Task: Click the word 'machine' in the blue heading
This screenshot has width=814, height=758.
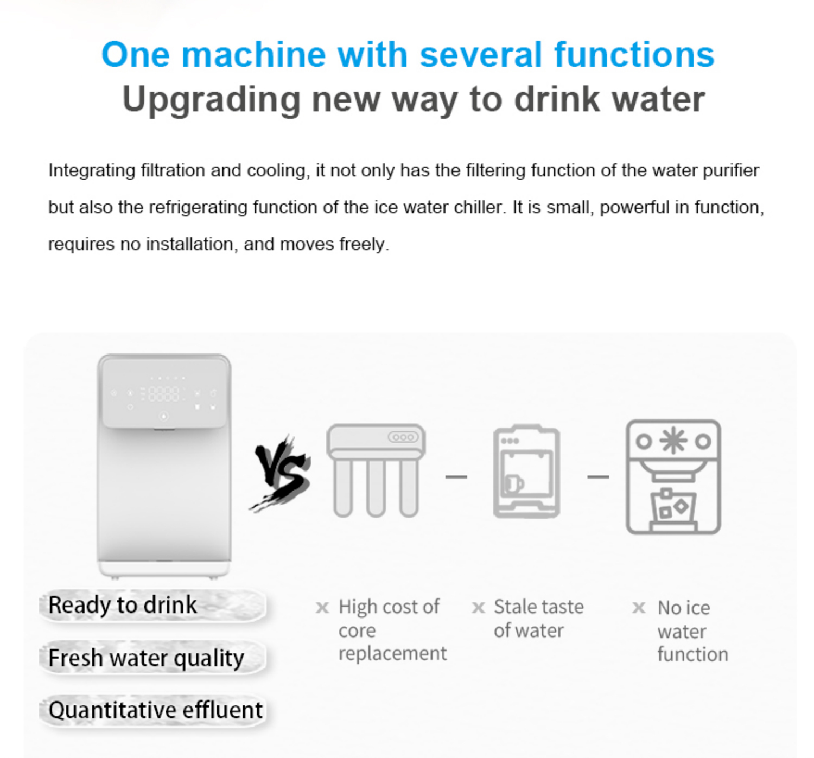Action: click(253, 54)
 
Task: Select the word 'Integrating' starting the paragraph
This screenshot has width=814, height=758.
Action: click(92, 170)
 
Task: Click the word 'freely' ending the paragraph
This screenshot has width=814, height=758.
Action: click(364, 245)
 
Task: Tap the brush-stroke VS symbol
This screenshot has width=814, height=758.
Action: click(281, 473)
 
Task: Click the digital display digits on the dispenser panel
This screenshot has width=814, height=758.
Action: click(163, 394)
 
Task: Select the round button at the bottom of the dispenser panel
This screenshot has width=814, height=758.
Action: click(164, 416)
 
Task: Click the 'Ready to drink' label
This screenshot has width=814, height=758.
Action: click(123, 605)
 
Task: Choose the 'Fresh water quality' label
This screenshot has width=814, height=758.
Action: click(147, 658)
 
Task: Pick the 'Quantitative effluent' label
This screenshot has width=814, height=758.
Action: click(155, 710)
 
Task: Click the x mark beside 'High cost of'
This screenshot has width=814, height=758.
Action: click(322, 607)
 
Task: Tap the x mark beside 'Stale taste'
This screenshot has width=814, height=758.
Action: click(478, 607)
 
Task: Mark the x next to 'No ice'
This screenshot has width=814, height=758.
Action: click(639, 608)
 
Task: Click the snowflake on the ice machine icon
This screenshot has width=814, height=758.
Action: click(673, 441)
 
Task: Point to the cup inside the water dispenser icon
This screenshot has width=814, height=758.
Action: click(514, 484)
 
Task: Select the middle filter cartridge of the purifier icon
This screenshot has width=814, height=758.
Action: click(376, 488)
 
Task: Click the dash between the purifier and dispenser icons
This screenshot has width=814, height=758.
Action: click(456, 477)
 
